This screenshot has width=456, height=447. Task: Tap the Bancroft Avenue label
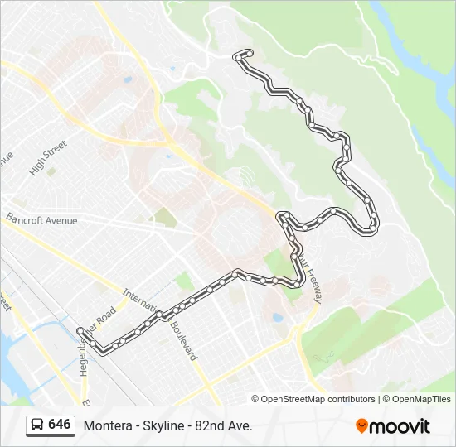[x=41, y=220]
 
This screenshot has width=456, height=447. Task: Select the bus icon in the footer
[x=36, y=425]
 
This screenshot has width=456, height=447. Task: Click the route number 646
[x=60, y=425]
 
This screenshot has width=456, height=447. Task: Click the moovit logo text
[x=400, y=426]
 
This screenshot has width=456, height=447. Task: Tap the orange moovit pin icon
[x=362, y=426]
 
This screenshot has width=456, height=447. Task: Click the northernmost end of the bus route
[x=246, y=53]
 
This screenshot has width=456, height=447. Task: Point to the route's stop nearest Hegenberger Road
[x=80, y=332]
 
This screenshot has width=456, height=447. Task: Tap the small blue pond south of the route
[x=277, y=317]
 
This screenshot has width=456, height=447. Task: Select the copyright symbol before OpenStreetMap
[x=255, y=399]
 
